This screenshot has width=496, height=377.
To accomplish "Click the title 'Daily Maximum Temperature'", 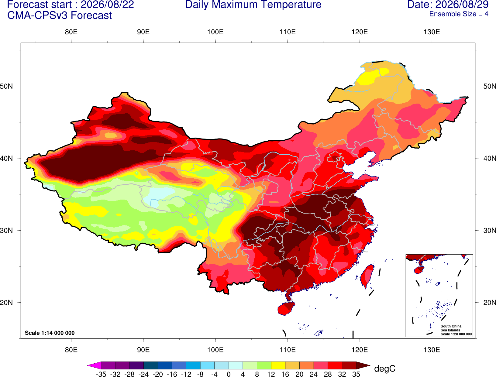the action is click(253, 5).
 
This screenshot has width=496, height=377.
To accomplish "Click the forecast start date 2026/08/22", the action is click(107, 5).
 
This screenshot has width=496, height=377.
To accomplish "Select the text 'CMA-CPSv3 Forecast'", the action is click(60, 15).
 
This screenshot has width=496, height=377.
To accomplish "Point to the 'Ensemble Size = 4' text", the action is click(459, 14).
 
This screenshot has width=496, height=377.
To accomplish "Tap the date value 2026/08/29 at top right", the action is click(462, 5).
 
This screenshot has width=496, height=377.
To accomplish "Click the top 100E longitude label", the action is click(215, 32).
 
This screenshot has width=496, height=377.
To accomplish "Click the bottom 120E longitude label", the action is click(360, 350).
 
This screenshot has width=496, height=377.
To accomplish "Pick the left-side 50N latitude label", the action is click(6, 86).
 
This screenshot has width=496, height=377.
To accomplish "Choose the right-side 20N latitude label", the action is click(489, 303).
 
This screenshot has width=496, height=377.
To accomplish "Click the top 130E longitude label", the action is click(432, 32).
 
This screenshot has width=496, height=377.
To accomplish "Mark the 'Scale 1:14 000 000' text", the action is click(50, 333).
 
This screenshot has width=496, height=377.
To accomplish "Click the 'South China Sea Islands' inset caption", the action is click(451, 328).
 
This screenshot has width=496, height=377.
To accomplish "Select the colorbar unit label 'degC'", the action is click(385, 368).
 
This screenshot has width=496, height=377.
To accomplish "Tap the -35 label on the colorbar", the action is click(101, 374).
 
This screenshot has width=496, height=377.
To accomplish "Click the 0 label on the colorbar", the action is click(229, 374).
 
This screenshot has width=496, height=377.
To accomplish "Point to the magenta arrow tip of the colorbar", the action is click(88, 365).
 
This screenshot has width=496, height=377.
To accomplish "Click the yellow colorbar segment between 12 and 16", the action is click(278, 365).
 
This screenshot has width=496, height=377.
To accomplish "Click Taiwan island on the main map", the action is click(367, 276).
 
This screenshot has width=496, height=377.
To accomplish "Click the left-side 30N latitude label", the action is click(6, 230).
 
